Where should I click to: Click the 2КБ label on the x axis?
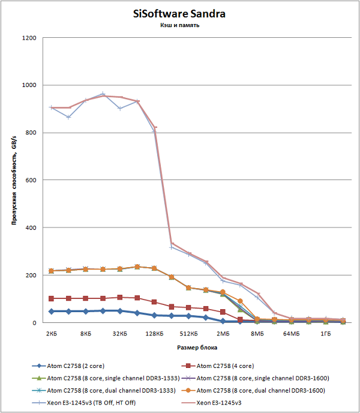51,333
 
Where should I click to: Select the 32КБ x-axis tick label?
119,333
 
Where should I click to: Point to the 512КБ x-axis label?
188,333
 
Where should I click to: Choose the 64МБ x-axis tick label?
291,333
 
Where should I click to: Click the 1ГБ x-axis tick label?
326,333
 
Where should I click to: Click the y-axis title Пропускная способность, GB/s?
13,180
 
